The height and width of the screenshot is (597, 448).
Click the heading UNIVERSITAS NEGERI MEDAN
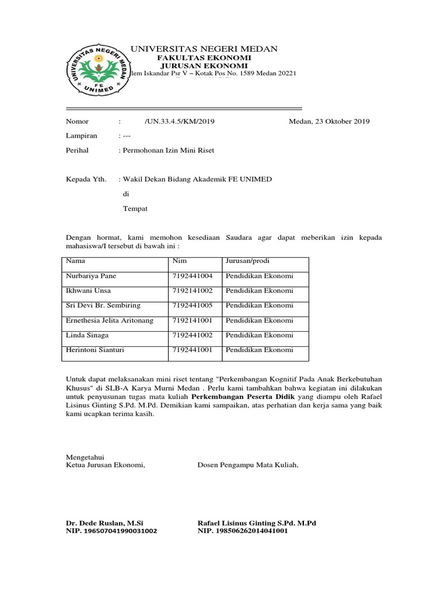[204, 49]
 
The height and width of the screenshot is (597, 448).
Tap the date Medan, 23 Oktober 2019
[329, 121]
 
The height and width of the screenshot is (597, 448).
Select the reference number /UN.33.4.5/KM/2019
[180, 121]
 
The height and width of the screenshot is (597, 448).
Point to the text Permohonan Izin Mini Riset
[167, 150]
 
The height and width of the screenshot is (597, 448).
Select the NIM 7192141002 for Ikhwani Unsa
[192, 290]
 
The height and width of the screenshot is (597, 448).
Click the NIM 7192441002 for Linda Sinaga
[192, 335]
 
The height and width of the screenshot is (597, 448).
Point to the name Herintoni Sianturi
[95, 350]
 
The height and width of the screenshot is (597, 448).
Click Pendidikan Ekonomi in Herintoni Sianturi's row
[260, 350]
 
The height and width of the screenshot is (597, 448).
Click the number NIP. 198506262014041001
[243, 532]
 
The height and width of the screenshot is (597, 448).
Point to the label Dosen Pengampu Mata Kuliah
[248, 465]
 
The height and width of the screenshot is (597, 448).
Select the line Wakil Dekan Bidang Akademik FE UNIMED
[197, 179]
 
